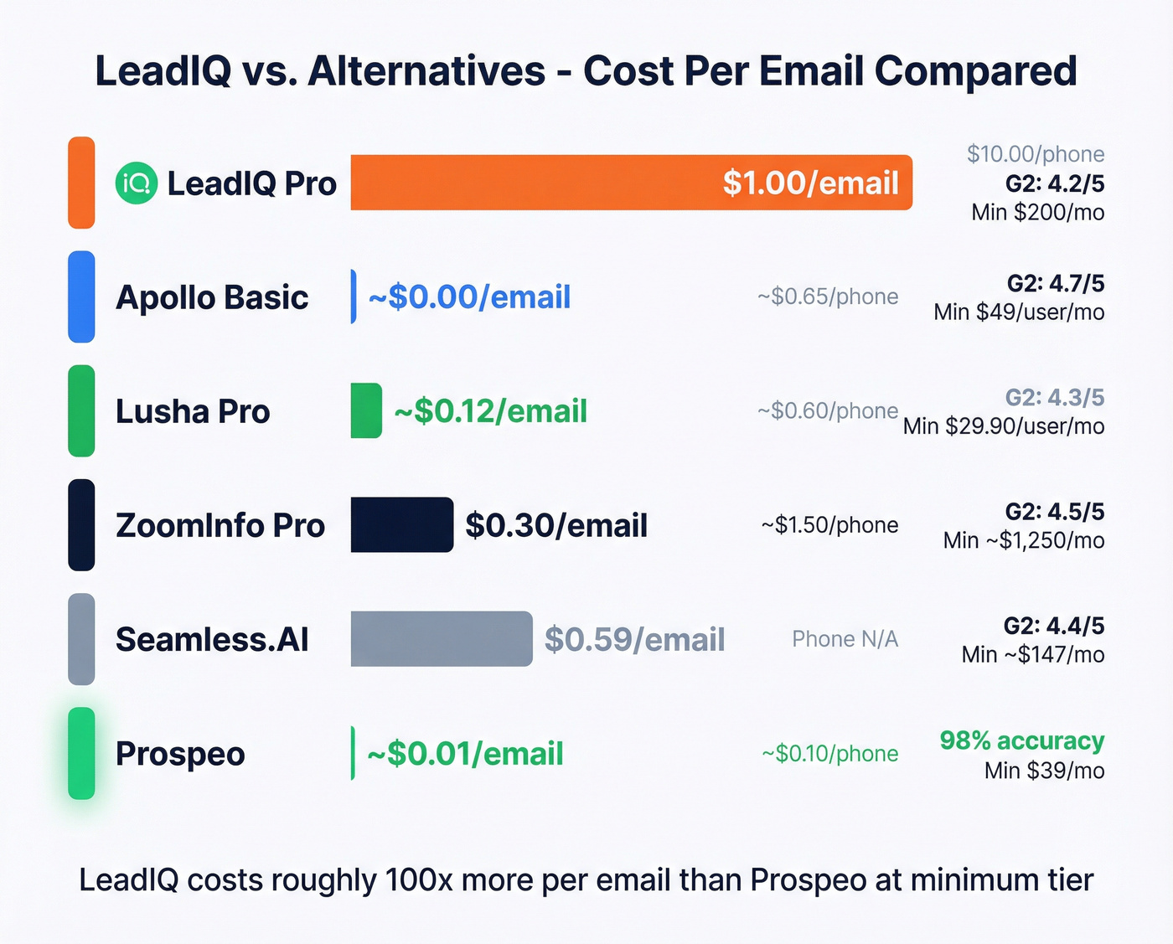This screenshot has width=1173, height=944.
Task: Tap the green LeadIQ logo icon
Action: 137,183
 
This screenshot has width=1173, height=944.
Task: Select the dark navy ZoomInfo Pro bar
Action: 401,525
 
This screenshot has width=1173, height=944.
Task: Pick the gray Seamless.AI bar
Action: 441,639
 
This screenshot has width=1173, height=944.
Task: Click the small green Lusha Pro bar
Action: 366,410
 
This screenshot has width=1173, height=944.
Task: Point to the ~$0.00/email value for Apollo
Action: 469,297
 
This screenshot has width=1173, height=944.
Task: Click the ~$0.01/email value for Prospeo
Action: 465,754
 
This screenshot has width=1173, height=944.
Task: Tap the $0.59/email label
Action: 634,639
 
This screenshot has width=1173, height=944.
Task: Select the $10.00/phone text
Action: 1036,154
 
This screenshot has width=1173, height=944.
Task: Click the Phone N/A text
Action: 845,639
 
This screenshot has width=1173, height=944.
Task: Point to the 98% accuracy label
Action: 1021,740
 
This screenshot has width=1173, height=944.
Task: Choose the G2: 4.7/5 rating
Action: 1056,283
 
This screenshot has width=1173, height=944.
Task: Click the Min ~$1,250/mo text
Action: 1023,540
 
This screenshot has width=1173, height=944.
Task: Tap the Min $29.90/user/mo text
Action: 1003,426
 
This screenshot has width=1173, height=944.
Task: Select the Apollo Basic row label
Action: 212,297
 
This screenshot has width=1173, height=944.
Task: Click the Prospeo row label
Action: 180,754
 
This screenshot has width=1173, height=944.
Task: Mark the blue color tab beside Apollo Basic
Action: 81,297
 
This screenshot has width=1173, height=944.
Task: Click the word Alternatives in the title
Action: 426,70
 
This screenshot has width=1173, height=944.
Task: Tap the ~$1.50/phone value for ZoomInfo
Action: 829,525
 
